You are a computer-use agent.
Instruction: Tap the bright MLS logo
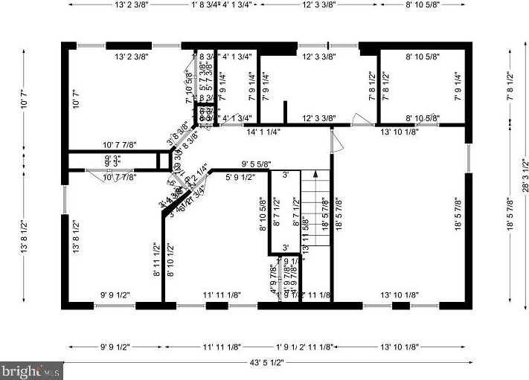[x=31, y=370]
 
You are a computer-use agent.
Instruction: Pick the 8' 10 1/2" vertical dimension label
[x=170, y=260]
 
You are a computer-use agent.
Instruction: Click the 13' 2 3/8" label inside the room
[x=132, y=57]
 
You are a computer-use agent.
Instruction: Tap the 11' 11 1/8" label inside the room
[x=222, y=295]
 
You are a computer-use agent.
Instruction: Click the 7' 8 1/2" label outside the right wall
[x=510, y=86]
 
